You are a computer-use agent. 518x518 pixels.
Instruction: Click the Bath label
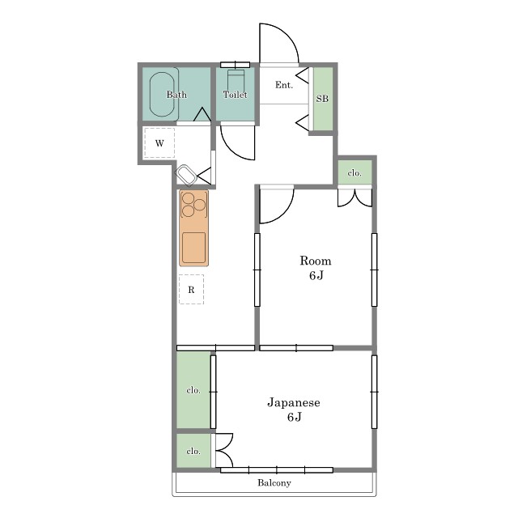pos(176,95)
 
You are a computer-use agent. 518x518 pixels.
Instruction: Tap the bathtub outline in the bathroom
pos(150,95)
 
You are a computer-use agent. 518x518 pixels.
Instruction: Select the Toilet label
pos(235,95)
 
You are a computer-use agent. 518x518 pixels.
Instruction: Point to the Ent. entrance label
pos(284,85)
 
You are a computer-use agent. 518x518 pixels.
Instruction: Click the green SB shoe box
pos(323,99)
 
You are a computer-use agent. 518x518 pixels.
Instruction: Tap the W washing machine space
pos(159,143)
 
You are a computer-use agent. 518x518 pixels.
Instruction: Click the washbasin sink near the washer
pos(186,174)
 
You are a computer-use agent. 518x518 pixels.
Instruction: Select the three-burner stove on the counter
pos(194,204)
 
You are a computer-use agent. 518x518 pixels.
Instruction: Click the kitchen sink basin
pos(194,248)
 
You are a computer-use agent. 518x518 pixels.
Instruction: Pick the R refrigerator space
pos(191,290)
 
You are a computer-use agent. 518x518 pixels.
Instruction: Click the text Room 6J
pos(316,268)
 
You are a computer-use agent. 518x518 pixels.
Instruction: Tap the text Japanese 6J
pos(294,410)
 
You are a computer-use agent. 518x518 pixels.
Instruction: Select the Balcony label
pos(274,483)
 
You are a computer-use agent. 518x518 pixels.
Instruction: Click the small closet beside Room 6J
pos(355,172)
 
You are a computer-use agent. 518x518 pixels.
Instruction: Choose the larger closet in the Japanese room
pos(193,390)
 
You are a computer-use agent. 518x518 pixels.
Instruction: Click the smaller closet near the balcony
pos(193,451)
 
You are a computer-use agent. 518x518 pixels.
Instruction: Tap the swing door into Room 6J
pos(284,213)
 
